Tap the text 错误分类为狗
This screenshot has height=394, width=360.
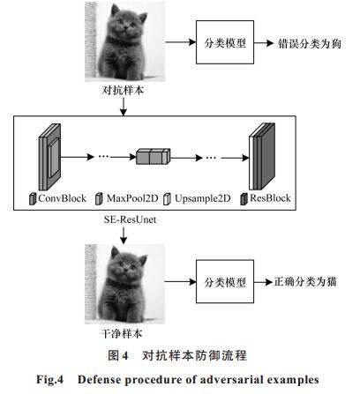(310, 43)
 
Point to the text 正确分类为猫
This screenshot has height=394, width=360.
(305, 282)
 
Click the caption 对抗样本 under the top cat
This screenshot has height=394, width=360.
(123, 90)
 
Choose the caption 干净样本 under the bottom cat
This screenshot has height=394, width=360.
(122, 333)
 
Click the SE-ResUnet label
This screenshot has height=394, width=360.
(130, 219)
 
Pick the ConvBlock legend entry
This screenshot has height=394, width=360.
(58, 198)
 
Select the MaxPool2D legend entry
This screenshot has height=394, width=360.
(127, 198)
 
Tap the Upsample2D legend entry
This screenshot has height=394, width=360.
(197, 198)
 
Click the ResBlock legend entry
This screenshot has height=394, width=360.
(266, 198)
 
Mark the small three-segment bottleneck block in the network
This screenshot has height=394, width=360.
(154, 156)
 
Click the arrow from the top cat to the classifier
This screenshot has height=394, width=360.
(181, 42)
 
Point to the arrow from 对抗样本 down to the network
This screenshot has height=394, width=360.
(124, 107)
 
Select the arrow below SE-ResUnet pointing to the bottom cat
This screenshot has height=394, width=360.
(124, 235)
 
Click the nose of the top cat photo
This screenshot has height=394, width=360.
(126, 27)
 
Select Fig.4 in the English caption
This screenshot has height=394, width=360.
(49, 380)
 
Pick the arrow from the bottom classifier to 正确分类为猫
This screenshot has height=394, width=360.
(264, 282)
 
